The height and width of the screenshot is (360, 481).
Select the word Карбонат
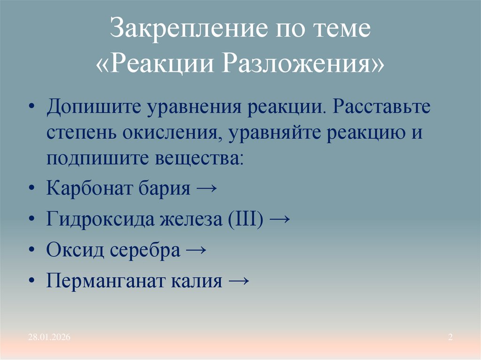87,189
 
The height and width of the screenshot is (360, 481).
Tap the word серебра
145,250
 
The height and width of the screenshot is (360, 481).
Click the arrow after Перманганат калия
237,281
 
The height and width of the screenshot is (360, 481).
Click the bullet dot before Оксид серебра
31,251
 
